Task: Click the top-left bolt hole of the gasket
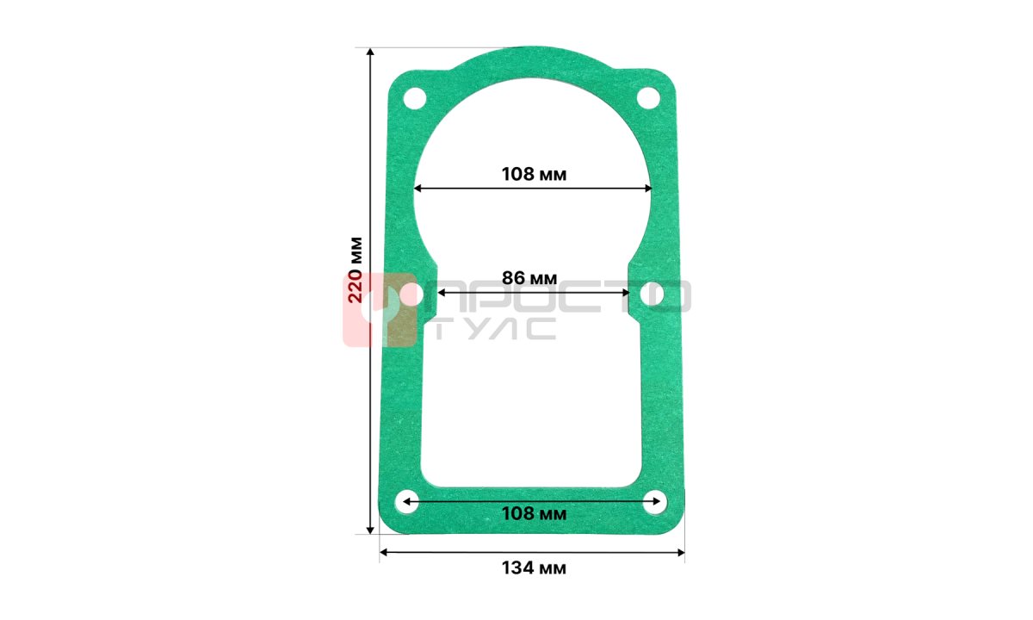point(415,98)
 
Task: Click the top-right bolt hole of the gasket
point(648,98)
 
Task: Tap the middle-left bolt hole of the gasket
point(411,294)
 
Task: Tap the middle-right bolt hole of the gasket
point(653,294)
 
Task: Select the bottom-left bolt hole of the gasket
point(407,502)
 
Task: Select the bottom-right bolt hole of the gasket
point(655,502)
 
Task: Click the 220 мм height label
point(356,270)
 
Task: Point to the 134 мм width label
point(534,567)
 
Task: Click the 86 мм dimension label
point(529,277)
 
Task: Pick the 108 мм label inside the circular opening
point(534,174)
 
